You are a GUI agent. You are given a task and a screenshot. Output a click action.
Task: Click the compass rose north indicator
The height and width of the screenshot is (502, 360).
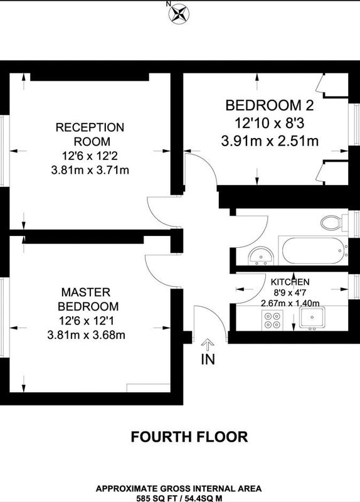tap(179, 13)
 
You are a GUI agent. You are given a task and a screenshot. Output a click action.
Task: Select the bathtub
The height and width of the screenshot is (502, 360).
tap(315, 250)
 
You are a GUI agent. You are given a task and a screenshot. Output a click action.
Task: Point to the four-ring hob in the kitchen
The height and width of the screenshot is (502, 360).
tap(272, 320)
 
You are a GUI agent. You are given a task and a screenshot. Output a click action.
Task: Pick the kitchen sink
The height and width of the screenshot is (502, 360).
tap(312, 318)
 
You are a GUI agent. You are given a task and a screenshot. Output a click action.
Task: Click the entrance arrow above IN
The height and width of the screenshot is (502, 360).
tap(208, 345)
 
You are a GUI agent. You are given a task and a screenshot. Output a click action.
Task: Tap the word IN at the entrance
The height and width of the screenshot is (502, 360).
tap(208, 359)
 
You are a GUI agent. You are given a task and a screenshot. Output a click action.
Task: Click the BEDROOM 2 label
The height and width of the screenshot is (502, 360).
tap(270, 105)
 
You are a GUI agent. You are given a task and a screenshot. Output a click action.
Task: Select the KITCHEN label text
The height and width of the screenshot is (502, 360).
tap(290, 282)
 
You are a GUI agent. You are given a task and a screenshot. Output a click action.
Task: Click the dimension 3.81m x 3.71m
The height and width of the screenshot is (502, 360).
tap(90, 169)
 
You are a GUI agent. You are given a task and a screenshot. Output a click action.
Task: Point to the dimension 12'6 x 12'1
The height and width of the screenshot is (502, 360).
tap(87, 321)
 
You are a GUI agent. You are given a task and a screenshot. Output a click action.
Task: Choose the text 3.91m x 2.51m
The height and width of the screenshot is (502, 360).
tap(270, 141)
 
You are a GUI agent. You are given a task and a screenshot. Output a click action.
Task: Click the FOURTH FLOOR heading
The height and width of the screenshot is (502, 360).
tap(189, 437)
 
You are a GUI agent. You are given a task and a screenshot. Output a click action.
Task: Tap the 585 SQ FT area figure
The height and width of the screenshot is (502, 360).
tap(156, 498)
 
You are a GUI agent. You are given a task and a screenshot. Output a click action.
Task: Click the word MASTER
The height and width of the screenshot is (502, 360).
tap(86, 292)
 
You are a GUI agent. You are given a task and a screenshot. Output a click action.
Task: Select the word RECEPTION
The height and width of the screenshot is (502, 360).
tap(90, 127)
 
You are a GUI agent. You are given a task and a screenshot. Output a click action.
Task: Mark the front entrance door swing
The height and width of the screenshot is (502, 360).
tap(209, 324)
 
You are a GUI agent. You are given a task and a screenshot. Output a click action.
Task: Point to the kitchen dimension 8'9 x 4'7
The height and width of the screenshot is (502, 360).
tap(290, 292)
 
